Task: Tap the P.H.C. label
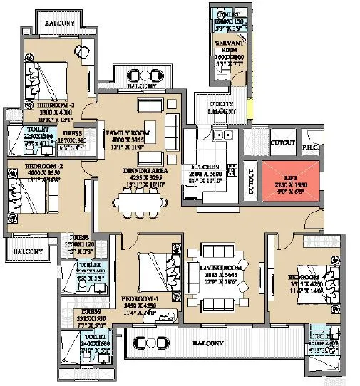[x=309, y=148]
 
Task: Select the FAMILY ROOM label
[x=126, y=133]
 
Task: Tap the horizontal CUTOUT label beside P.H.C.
[x=283, y=143]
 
